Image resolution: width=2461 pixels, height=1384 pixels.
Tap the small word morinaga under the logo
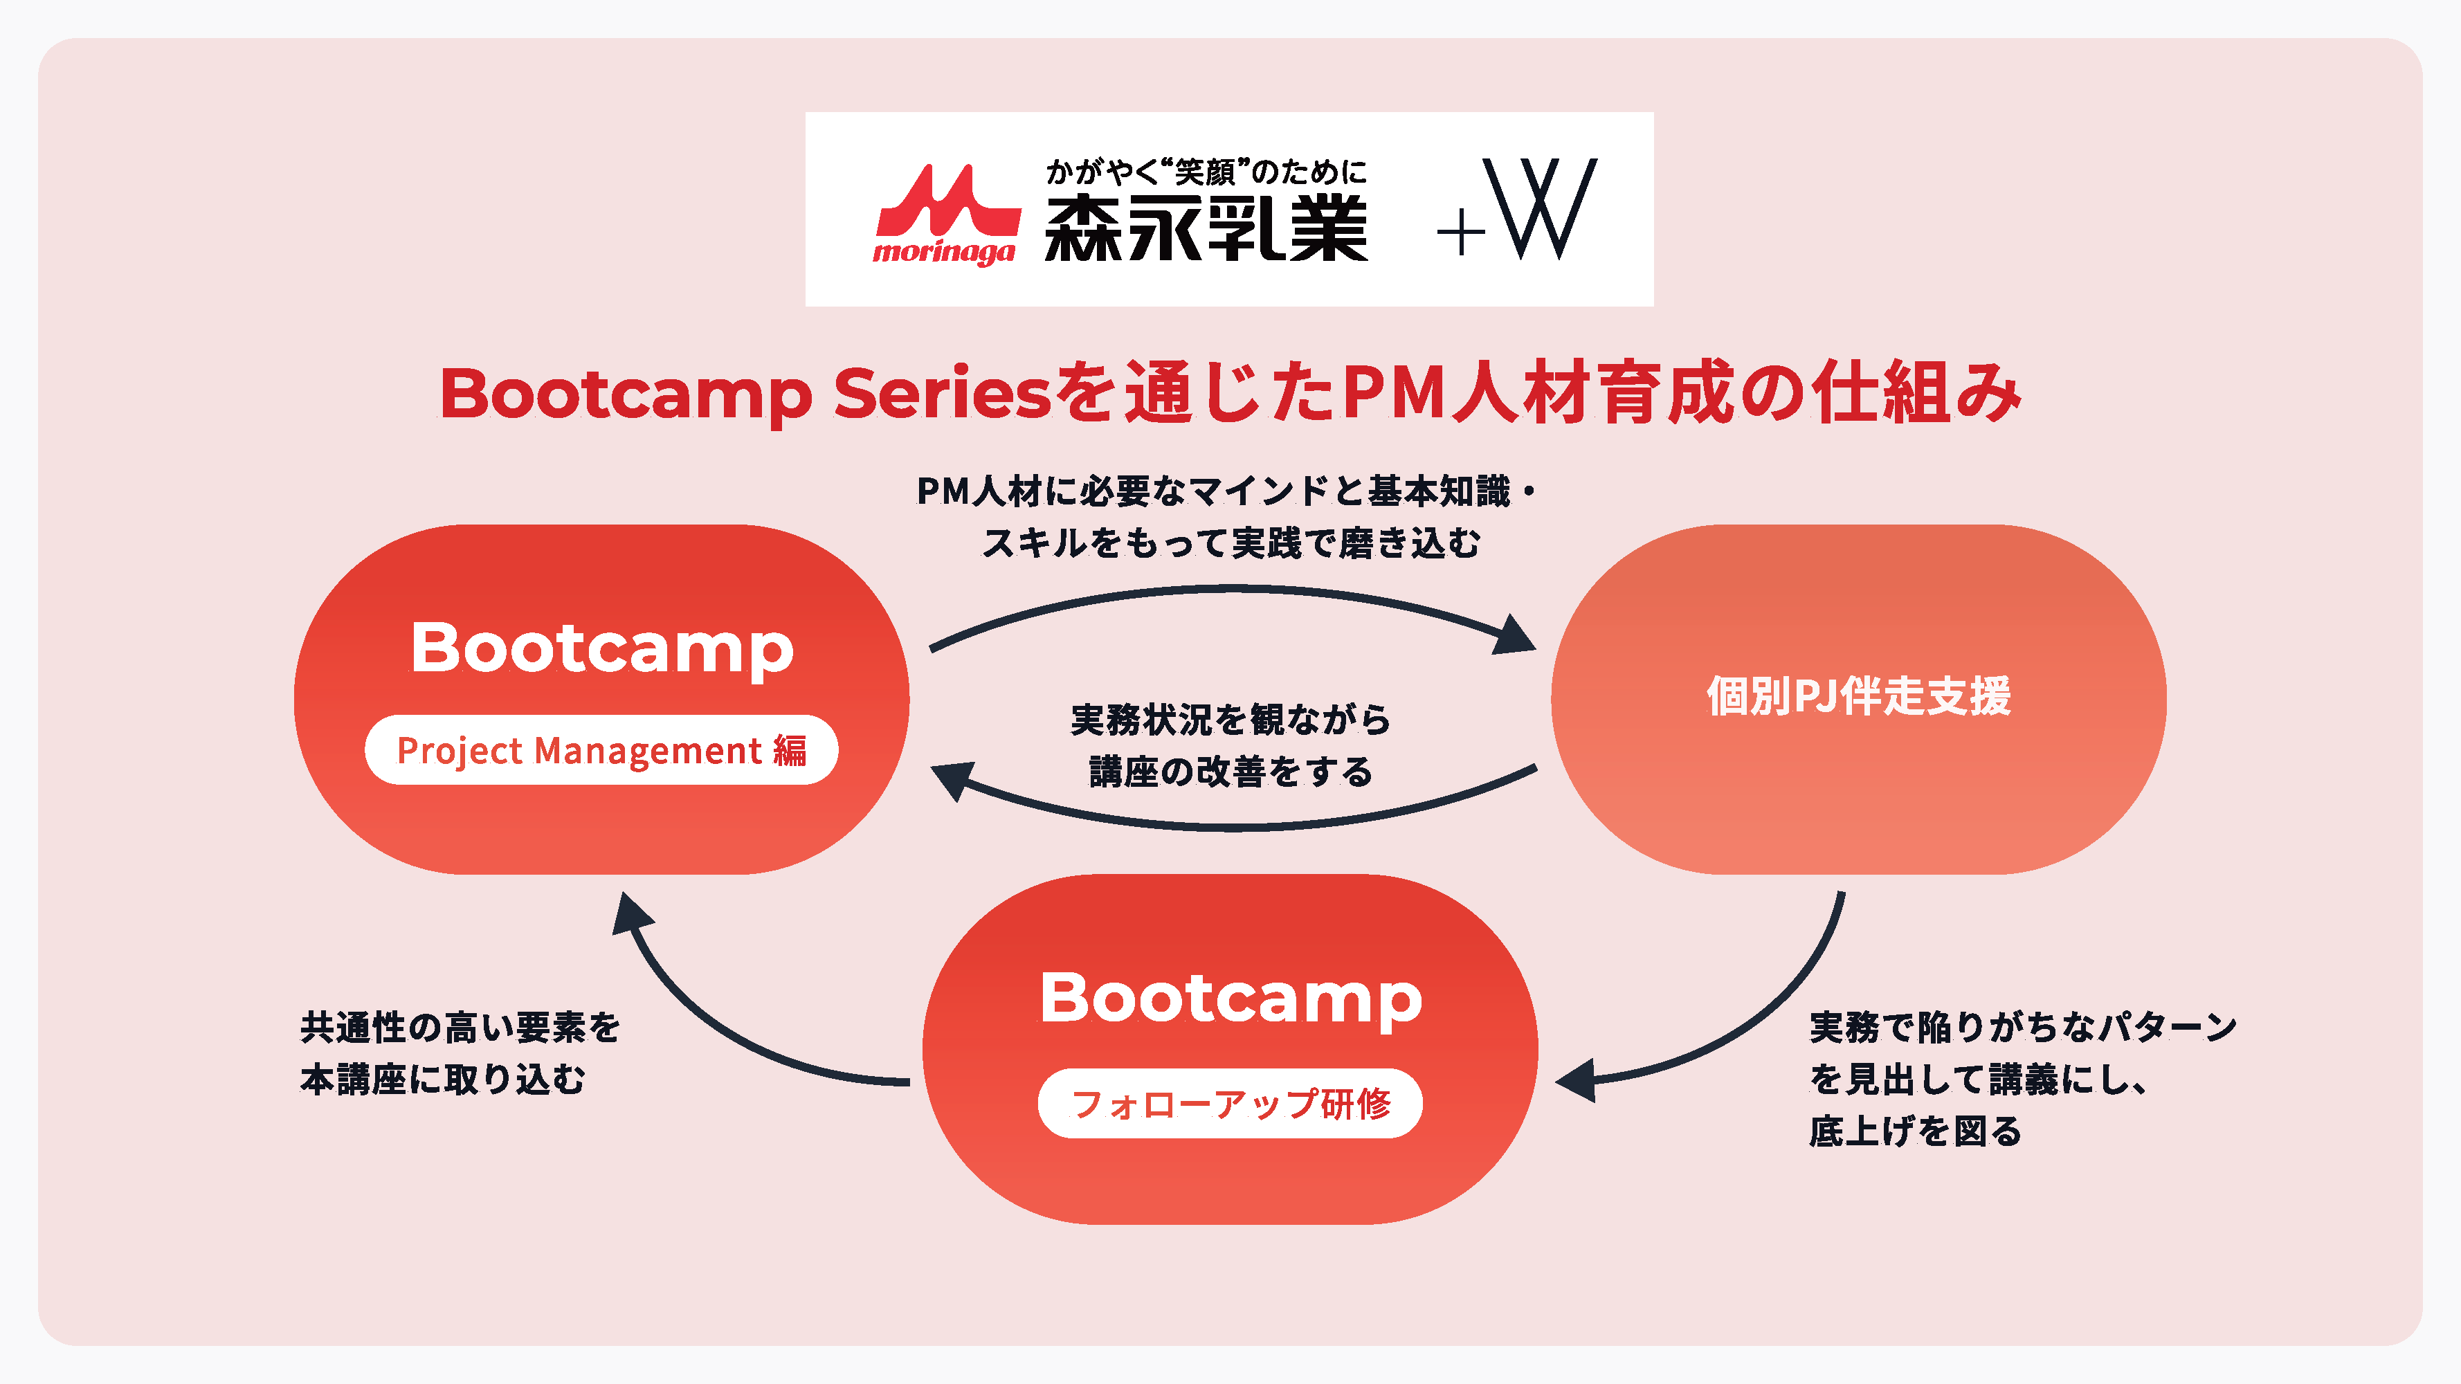944,252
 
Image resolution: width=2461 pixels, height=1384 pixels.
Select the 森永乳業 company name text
1206,228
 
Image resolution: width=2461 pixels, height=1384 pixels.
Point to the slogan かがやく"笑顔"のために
1206,172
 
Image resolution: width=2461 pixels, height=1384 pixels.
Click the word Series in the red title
942,394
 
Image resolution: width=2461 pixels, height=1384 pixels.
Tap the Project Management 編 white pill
602,750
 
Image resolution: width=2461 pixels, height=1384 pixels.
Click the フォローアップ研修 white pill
1230,1103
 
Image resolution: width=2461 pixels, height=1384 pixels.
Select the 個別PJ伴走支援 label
1859,695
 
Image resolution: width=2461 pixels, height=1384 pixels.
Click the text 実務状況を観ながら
1230,719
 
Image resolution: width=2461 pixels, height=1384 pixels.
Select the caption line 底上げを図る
1916,1131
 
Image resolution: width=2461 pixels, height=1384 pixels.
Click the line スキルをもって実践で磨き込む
1231,543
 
